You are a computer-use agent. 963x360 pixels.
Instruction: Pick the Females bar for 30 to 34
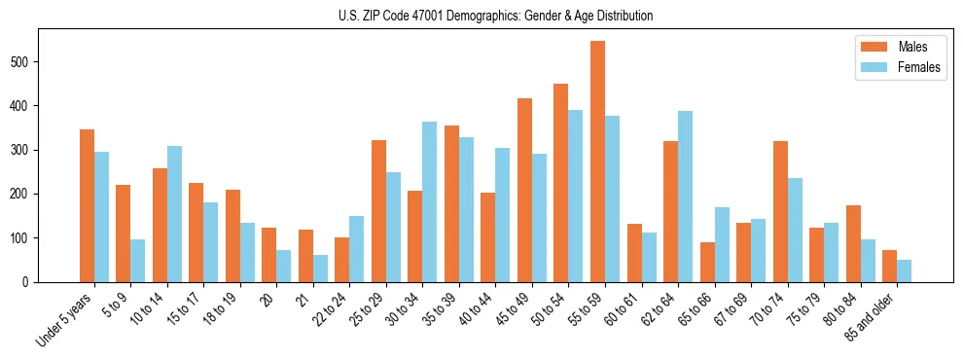(x=429, y=201)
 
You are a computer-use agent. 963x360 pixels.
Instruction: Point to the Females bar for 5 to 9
(x=137, y=261)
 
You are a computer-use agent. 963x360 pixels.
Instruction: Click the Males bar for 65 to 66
(x=707, y=262)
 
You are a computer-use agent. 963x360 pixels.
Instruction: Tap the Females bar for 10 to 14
(x=174, y=214)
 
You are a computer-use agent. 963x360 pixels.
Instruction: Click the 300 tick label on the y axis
(x=26, y=150)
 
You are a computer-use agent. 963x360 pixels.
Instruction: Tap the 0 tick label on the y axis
(x=30, y=282)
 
